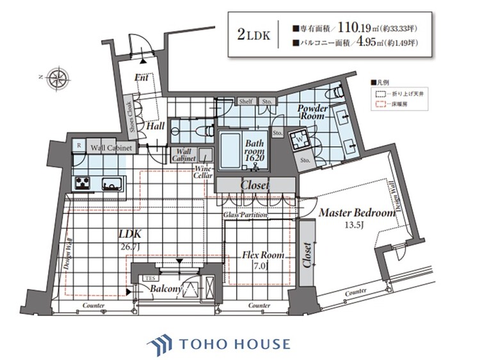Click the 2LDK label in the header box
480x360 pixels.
[253, 35]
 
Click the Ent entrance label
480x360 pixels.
[141, 77]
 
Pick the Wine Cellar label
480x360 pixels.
[204, 172]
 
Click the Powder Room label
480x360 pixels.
[314, 113]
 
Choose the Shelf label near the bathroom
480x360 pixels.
[246, 101]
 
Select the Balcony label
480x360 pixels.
[168, 290]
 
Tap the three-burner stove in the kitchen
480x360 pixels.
[83, 184]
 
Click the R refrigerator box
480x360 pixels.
[79, 146]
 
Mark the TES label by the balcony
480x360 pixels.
[148, 279]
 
